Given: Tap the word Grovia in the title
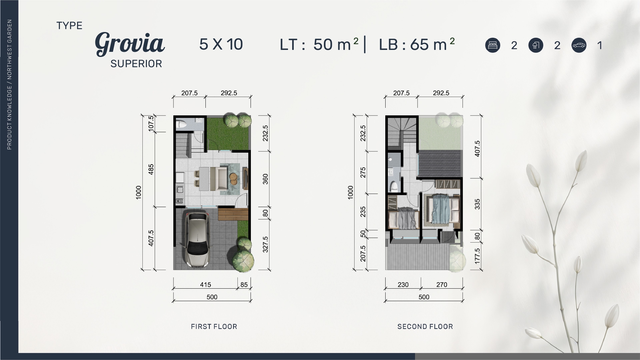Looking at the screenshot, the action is click(x=130, y=44).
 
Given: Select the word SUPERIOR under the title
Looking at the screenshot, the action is click(x=136, y=64).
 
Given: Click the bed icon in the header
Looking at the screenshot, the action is click(x=492, y=45).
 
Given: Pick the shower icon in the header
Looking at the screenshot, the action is click(x=536, y=45).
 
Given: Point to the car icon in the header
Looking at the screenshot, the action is click(x=579, y=45).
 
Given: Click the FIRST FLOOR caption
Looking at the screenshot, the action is click(x=214, y=327).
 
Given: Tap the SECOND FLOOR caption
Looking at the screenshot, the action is click(x=425, y=327).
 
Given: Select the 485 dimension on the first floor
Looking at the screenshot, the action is click(x=151, y=169).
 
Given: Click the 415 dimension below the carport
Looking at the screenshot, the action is click(x=205, y=284).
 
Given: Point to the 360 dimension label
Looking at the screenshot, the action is click(x=265, y=179).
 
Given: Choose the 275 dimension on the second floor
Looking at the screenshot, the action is click(x=363, y=172).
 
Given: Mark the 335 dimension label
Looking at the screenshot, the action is click(x=477, y=204).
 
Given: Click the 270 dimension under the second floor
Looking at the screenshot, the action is click(x=442, y=284).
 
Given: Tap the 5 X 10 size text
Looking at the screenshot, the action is click(x=221, y=44).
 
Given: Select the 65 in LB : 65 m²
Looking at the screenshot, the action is click(x=420, y=44).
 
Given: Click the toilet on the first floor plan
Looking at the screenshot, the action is click(x=181, y=124).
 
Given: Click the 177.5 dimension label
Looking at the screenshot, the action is click(x=477, y=256).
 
